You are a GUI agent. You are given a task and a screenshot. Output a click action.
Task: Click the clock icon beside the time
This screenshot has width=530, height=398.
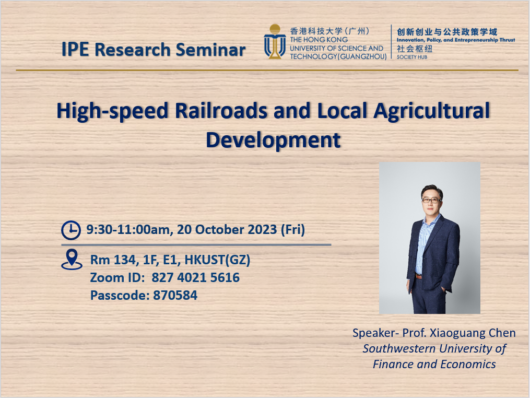point(71,230)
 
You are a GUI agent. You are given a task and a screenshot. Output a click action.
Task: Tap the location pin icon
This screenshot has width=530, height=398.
point(72,260)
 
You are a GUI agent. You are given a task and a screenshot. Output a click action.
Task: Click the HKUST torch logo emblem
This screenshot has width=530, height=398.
point(275,42)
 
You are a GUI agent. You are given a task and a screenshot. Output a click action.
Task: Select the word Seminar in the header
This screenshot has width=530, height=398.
point(210,50)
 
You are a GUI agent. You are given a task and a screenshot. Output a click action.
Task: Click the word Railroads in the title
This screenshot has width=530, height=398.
point(221,111)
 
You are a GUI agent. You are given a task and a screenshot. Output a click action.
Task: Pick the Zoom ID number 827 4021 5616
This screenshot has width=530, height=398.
point(195,278)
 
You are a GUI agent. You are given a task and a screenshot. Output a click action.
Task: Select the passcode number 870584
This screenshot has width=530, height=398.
point(175,296)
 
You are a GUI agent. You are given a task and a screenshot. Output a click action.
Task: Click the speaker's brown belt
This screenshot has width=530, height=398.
point(418,276)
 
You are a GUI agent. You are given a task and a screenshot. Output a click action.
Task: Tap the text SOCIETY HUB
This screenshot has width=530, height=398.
point(411,57)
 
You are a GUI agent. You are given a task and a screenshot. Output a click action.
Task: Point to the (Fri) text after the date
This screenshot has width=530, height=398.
point(293,230)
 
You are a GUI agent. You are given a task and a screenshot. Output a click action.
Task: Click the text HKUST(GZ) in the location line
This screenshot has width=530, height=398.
point(217,260)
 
